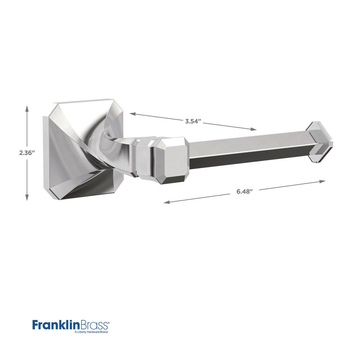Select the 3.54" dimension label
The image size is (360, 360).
point(193,121)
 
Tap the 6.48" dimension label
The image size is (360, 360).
point(244,192)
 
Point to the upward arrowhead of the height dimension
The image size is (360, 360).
point(27,109)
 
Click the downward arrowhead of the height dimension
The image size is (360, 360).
point(27,197)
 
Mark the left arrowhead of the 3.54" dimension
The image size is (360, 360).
point(133,113)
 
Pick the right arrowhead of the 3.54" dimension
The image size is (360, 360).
point(253,129)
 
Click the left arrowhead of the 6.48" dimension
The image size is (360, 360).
point(167,202)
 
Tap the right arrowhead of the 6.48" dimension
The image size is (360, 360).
point(322,181)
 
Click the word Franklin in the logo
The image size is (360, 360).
point(56,325)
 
